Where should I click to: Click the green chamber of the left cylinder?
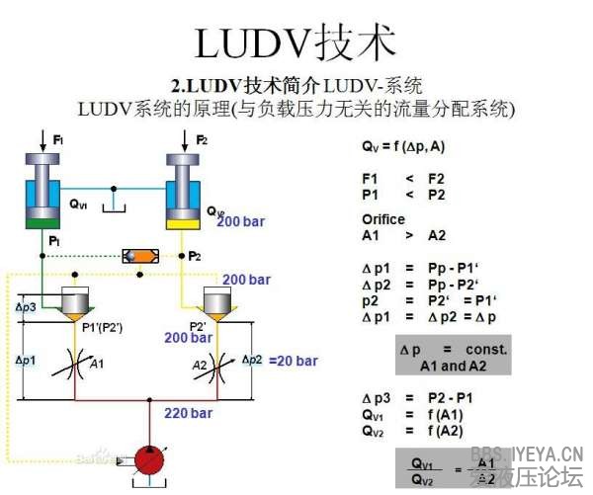tap(42, 222)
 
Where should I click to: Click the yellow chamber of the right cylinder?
tap(185, 222)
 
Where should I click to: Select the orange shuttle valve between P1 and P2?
tap(139, 256)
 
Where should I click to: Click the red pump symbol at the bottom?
tap(151, 459)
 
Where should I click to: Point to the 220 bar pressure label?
tap(188, 413)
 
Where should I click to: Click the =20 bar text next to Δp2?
tap(293, 361)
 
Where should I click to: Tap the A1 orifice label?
tap(97, 365)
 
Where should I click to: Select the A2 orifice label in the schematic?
tap(200, 365)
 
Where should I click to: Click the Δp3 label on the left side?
tap(27, 307)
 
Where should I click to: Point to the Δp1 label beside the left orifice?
tap(25, 361)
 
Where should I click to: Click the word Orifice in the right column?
tap(383, 219)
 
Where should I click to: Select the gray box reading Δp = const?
tap(453, 357)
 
